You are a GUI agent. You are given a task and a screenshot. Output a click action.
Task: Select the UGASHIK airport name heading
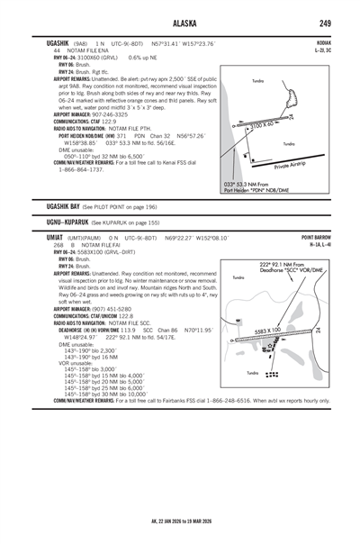click(x=45, y=43)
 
